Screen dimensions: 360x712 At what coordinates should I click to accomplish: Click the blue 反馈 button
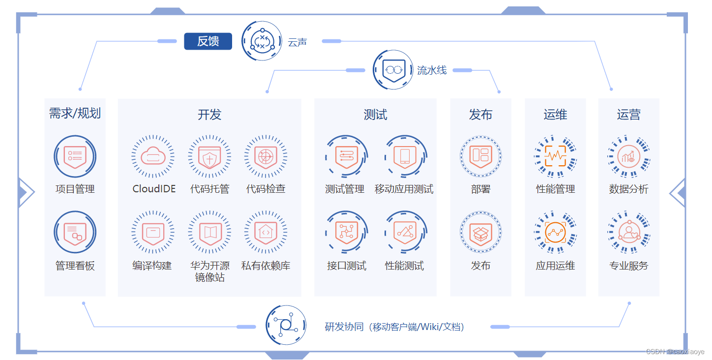[208, 41]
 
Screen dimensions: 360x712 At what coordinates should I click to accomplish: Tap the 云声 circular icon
[262, 41]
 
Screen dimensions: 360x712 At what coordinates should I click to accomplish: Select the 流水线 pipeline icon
[392, 70]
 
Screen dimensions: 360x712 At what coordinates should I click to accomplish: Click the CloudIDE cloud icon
[153, 156]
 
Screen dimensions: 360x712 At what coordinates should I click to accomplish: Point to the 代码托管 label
[209, 189]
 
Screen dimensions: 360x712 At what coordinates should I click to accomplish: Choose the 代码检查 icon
[266, 156]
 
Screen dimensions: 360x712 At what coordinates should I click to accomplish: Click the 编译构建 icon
[153, 233]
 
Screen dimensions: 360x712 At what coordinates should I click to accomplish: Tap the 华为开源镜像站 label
[209, 271]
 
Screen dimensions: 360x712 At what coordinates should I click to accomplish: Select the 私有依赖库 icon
[266, 233]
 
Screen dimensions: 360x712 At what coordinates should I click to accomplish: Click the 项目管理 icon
[75, 156]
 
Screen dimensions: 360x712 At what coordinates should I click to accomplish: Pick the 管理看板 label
[75, 266]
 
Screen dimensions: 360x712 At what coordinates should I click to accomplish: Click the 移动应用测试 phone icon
[405, 156]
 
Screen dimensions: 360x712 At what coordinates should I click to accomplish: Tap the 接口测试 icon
[346, 233]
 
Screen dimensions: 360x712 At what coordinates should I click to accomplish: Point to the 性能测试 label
[404, 266]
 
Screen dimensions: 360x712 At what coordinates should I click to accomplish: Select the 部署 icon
[480, 156]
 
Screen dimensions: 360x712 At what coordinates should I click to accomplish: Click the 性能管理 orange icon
[555, 156]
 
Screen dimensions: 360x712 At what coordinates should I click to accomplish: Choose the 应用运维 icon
[555, 233]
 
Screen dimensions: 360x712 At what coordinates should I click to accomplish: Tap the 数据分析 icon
[628, 156]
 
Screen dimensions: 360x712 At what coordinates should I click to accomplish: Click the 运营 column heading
[628, 115]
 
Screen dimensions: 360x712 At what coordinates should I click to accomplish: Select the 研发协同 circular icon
[286, 325]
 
